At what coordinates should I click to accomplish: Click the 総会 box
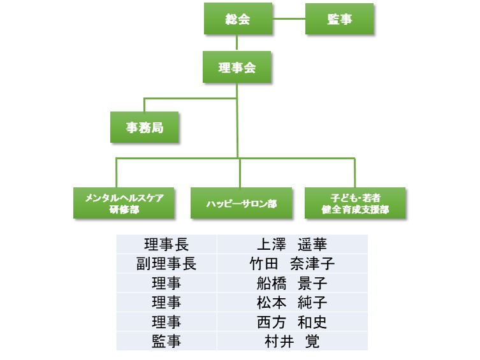[237, 19]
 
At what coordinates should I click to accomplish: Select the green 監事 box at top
[339, 19]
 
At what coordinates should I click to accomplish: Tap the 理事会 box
[237, 68]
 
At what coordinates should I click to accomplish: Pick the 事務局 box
[144, 127]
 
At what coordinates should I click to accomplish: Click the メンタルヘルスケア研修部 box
[115, 203]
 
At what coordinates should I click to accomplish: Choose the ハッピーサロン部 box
[241, 203]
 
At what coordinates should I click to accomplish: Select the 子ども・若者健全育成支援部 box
[355, 203]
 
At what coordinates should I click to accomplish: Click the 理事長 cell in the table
[166, 245]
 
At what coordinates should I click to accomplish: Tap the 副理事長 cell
[166, 264]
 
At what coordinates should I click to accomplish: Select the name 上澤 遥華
[292, 245]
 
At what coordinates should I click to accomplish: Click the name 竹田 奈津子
[292, 264]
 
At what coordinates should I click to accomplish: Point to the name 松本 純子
[292, 303]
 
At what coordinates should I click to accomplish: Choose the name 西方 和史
[292, 322]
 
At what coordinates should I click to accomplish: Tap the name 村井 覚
[292, 342]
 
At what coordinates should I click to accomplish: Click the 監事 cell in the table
[166, 342]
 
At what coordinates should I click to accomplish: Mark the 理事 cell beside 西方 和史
[166, 322]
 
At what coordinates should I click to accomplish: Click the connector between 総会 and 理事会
[237, 43]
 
